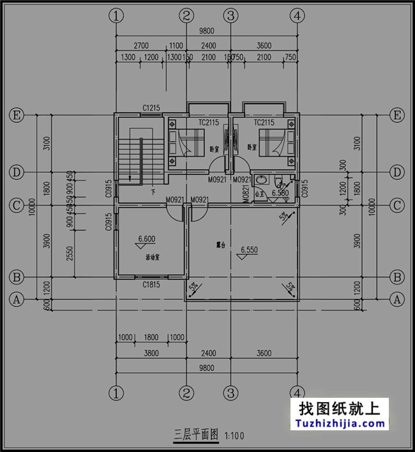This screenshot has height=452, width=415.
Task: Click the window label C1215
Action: point(151,108)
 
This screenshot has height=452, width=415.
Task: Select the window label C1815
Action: point(151,284)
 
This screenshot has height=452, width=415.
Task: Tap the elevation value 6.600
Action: point(147,240)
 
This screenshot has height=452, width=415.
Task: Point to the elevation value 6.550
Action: point(250,251)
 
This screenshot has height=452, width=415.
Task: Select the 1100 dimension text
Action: point(176,45)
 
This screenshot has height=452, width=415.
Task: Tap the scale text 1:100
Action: point(234,435)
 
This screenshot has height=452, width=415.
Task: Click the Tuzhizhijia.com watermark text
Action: point(340,423)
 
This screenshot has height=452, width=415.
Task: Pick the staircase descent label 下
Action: point(153,191)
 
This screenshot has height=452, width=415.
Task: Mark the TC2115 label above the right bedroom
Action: point(264,122)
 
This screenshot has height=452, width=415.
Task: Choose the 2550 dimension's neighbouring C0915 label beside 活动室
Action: point(109,222)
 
